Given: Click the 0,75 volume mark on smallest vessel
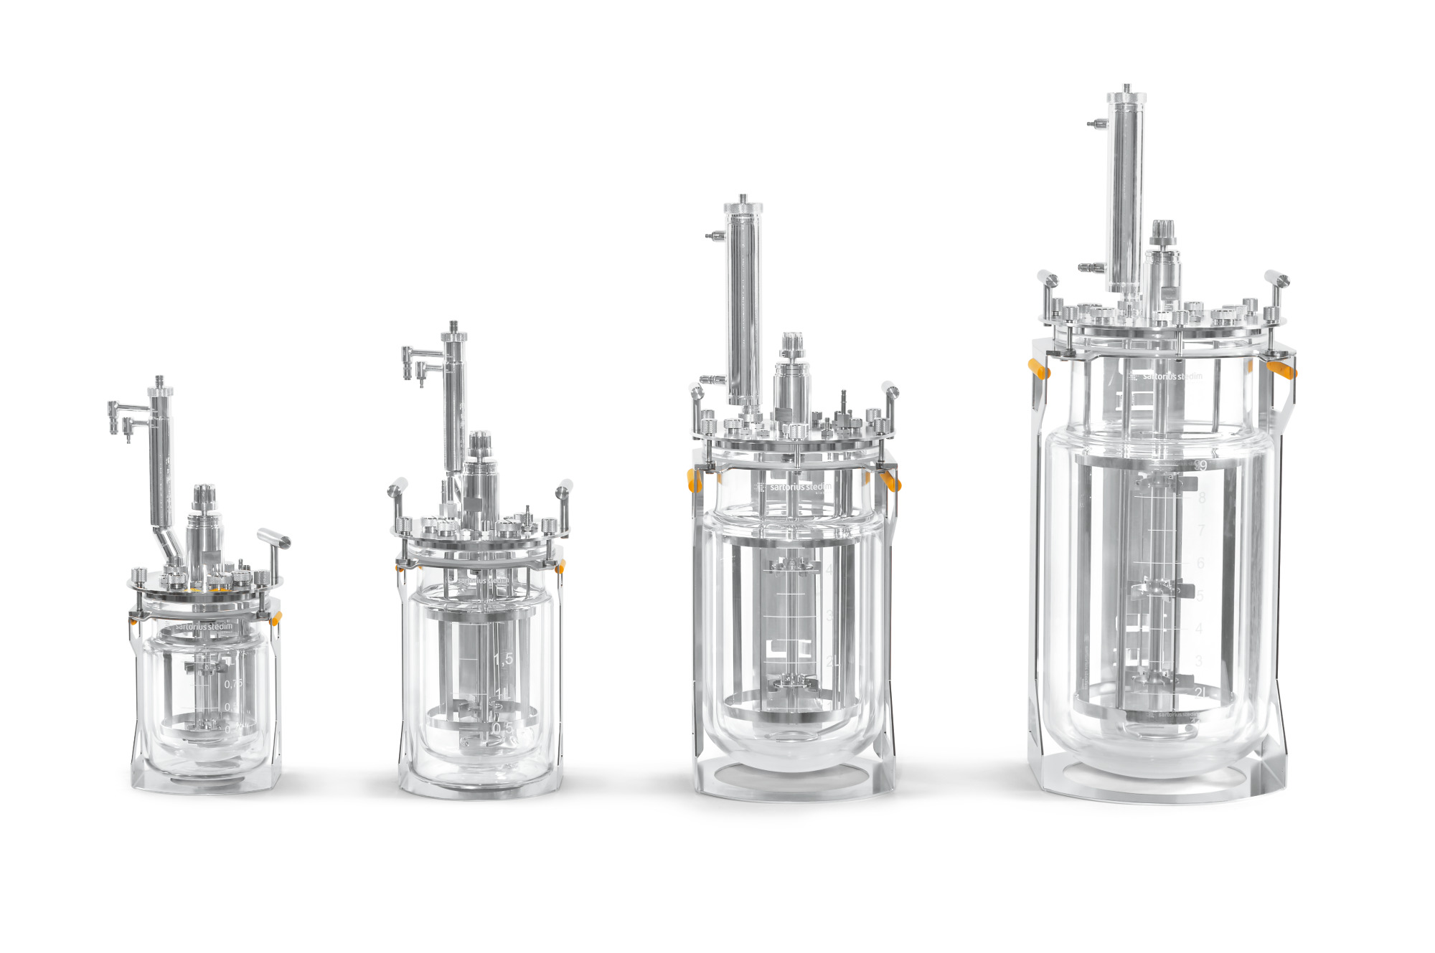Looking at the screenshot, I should coord(233,684).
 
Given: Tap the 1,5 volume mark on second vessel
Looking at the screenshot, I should coord(503,658).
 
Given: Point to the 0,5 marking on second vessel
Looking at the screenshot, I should coord(502,728).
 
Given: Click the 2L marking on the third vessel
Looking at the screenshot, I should coord(832,661).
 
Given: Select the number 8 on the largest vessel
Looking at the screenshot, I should coord(1202,498).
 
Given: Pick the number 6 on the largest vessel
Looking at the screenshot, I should coord(1200,563).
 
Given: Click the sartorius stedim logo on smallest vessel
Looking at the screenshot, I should coord(204,626).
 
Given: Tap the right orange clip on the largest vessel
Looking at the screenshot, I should coord(1281,370).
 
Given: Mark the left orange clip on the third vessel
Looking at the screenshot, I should coord(694,480).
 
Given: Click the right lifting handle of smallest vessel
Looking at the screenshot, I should coord(274,539).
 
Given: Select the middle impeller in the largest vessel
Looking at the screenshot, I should coord(1154,589).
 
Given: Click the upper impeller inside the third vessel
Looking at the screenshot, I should coord(794,566).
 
